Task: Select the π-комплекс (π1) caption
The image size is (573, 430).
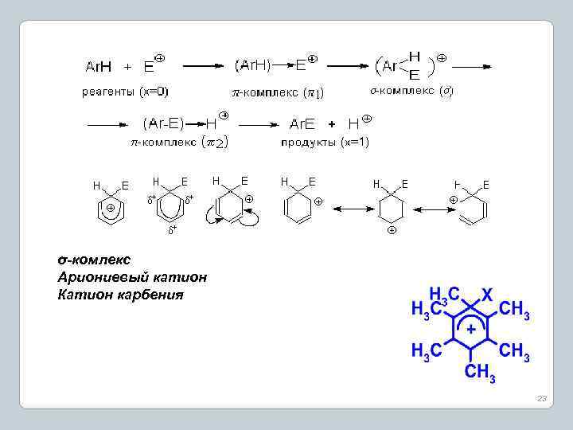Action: click(x=277, y=92)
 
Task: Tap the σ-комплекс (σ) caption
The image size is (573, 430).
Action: click(x=411, y=90)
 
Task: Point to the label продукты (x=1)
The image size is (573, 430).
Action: click(x=324, y=143)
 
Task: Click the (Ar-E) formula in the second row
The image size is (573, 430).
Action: click(x=163, y=123)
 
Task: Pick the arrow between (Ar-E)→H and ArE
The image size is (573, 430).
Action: click(x=259, y=124)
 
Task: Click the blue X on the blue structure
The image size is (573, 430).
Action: click(x=487, y=294)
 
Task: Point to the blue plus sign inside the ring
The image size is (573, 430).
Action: click(x=471, y=328)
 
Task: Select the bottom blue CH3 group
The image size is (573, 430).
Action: click(x=479, y=372)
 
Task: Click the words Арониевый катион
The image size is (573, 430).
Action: click(x=132, y=277)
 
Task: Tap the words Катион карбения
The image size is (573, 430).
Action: click(x=120, y=295)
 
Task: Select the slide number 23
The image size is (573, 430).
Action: click(x=542, y=397)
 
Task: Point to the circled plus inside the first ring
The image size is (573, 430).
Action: click(x=111, y=208)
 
